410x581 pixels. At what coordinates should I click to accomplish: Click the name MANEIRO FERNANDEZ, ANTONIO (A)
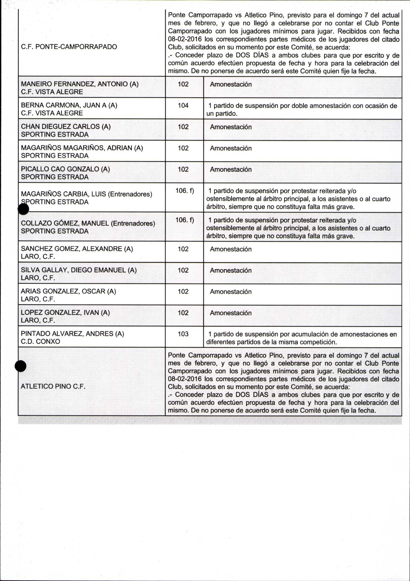point(80,84)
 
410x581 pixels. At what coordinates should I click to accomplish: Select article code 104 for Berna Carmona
point(183,105)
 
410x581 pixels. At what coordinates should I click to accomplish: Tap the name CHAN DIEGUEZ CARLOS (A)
point(66,126)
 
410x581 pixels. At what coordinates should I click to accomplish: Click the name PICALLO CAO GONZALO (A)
point(65,169)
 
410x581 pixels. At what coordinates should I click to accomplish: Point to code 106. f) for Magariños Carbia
point(185,191)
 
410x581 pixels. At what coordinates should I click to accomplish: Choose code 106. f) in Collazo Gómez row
point(185,220)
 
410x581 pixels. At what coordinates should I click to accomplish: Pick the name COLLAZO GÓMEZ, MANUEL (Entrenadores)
point(88,223)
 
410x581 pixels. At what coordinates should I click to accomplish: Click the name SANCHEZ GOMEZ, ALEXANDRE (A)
point(77,249)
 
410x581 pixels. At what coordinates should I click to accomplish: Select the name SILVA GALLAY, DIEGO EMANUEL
point(79,270)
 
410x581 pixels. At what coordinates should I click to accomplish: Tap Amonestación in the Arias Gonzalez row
point(231,292)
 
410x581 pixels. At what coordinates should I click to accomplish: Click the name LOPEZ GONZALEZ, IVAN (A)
point(65,313)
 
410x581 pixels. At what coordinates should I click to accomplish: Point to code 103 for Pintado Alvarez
point(183,334)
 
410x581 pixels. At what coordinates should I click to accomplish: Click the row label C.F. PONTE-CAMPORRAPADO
point(69,47)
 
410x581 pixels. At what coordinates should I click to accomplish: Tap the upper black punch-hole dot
point(23,209)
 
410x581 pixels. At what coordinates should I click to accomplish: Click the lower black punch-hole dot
point(20,366)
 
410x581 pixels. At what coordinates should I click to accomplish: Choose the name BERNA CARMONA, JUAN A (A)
point(69,105)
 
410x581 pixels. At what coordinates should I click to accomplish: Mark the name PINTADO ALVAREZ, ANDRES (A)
point(72,334)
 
